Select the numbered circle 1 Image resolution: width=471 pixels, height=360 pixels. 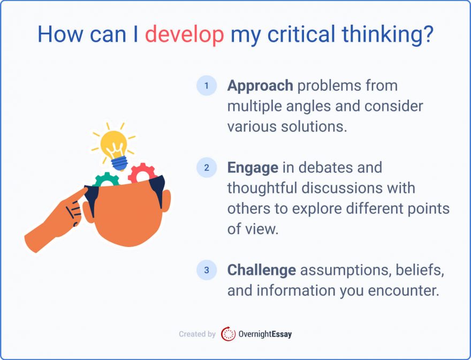pos(206,86)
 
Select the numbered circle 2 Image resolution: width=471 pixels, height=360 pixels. pos(206,168)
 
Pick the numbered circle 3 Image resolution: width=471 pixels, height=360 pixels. pos(206,270)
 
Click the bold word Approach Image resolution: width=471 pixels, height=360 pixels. pos(260,86)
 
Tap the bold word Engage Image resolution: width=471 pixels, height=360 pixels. pos(253,168)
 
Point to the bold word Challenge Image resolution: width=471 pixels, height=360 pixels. pos(261,270)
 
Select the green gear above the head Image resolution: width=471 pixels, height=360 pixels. pos(105,180)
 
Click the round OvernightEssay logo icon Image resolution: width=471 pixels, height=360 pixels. pos(228,334)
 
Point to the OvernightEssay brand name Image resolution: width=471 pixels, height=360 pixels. pos(265,334)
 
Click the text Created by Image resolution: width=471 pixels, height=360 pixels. pos(197,334)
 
